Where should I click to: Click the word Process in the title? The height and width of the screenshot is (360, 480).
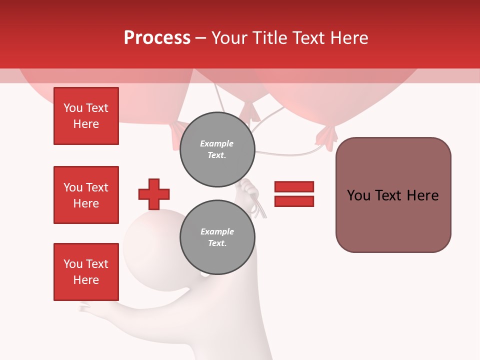tap(157, 38)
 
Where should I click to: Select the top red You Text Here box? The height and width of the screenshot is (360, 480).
tap(86, 116)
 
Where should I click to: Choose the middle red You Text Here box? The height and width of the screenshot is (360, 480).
tap(86, 195)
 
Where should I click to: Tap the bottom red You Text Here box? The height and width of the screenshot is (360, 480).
tap(86, 272)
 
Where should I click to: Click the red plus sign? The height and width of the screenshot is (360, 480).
tap(154, 194)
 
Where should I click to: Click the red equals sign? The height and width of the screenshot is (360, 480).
tap(294, 194)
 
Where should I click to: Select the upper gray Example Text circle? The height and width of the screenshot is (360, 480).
tap(217, 149)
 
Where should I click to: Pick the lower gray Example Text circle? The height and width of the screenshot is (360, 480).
tap(217, 237)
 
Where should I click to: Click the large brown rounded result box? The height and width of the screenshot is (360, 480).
tap(393, 195)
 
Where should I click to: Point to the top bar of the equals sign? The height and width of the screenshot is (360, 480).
tap(294, 186)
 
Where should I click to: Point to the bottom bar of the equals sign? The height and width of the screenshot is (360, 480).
tap(294, 201)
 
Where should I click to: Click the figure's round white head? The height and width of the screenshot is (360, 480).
tap(150, 240)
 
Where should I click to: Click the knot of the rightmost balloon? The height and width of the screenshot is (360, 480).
tap(326, 136)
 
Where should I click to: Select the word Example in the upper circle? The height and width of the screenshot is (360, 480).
tap(217, 143)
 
